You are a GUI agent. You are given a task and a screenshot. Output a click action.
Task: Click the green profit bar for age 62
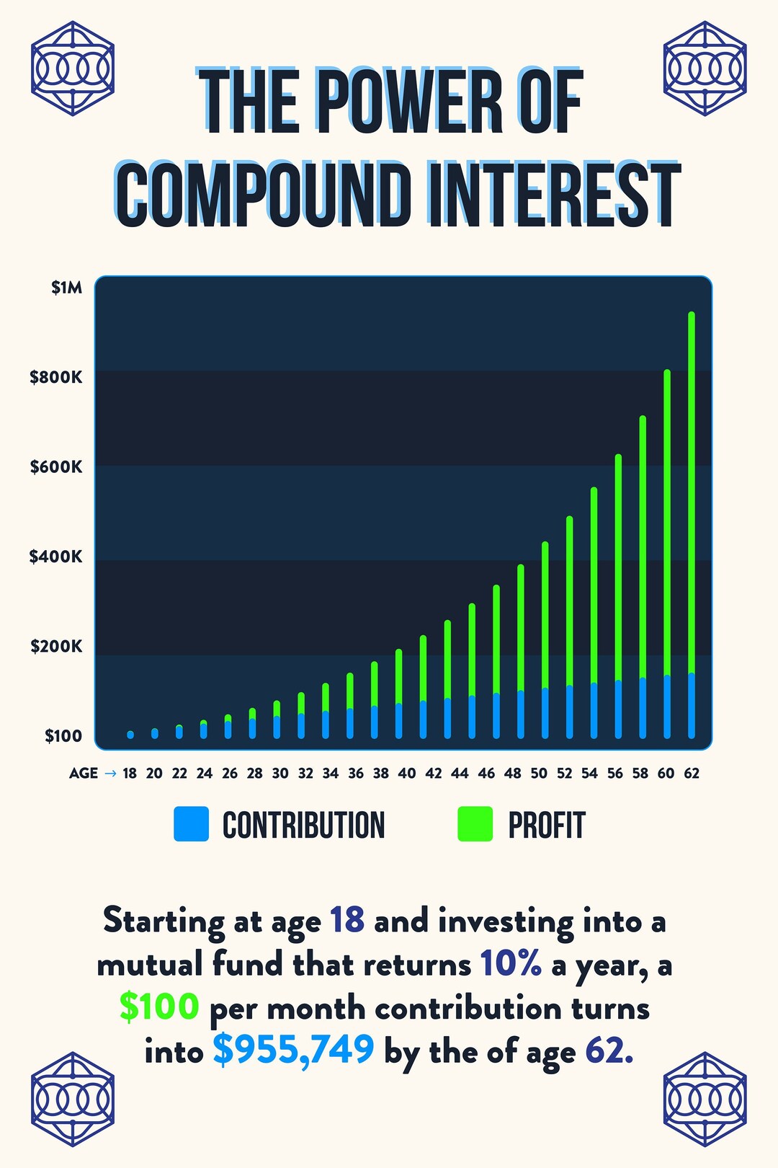(x=692, y=490)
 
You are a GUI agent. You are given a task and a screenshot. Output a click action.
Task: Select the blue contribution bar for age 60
(x=667, y=707)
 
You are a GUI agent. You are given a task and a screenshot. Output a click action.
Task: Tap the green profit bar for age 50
(x=545, y=613)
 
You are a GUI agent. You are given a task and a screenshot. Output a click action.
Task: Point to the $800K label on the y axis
(x=56, y=377)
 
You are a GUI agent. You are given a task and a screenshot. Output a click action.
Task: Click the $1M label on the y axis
(x=66, y=288)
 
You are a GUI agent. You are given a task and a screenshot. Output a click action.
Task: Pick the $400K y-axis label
(x=56, y=557)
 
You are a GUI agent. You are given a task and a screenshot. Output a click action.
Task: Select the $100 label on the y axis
(x=63, y=736)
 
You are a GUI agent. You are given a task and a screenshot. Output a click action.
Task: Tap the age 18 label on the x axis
(x=130, y=774)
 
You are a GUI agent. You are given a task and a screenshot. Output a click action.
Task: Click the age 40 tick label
(x=407, y=774)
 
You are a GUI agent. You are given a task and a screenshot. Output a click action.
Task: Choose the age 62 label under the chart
(x=692, y=774)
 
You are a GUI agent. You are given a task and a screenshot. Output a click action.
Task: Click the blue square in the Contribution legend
(x=191, y=824)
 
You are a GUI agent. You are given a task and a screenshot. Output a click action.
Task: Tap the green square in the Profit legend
(x=475, y=824)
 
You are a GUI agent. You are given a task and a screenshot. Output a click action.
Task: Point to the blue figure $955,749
(x=294, y=1050)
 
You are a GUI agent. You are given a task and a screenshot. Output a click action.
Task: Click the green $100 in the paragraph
(x=159, y=1006)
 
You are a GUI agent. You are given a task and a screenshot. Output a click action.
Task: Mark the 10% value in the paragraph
(x=511, y=963)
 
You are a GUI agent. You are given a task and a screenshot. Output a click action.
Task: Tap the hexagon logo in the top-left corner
(x=73, y=68)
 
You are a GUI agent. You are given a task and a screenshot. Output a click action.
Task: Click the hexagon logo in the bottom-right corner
(x=705, y=1100)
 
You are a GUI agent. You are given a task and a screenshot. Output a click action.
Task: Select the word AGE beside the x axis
(x=84, y=774)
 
